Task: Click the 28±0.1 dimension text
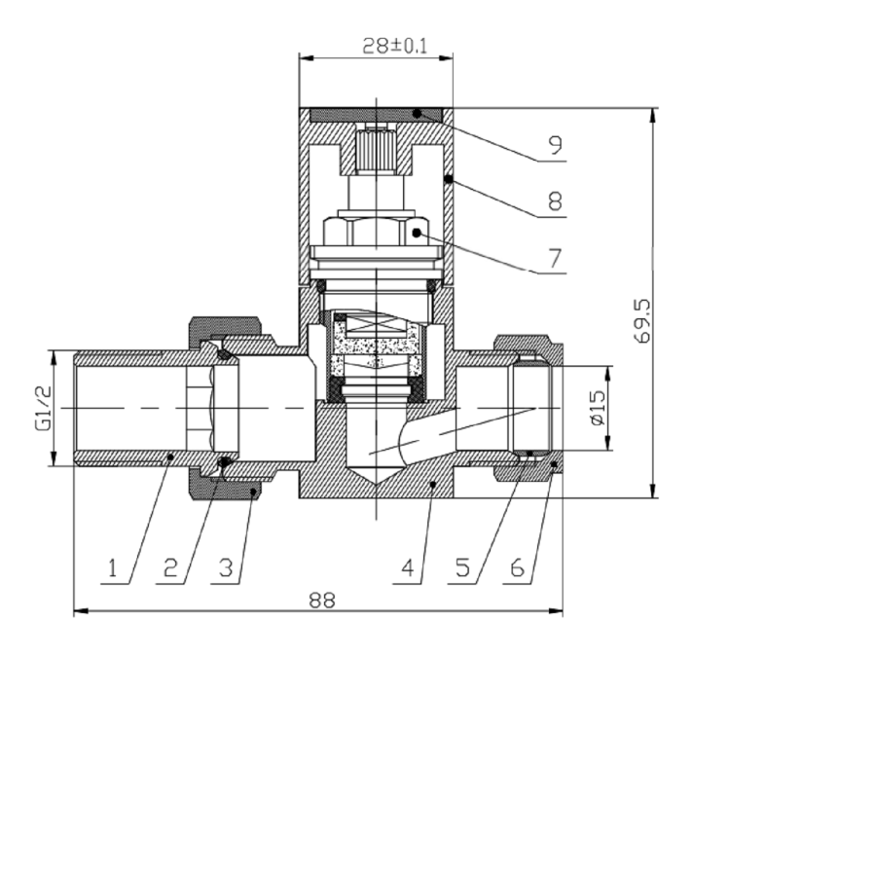(375, 46)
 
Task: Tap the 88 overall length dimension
(321, 601)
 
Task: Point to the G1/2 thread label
(42, 409)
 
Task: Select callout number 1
(114, 568)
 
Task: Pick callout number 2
(170, 568)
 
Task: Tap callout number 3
(226, 568)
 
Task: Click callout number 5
(463, 568)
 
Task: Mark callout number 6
(517, 568)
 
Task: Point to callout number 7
(554, 259)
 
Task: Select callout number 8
(554, 201)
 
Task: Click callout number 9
(554, 146)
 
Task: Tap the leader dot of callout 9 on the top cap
(418, 114)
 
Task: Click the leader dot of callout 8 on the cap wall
(448, 179)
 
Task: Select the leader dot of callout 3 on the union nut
(252, 493)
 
